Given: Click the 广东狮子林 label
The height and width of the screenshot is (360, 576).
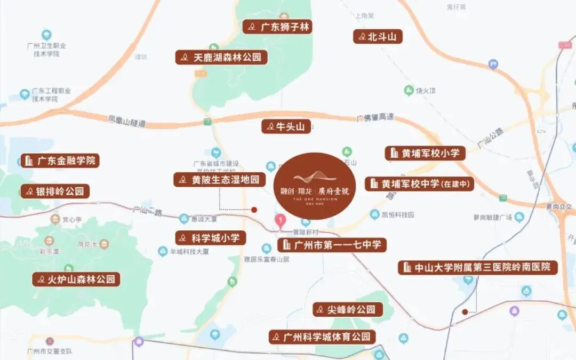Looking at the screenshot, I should tap(277, 27).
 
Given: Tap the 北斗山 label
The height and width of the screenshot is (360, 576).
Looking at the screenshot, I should tap(378, 36).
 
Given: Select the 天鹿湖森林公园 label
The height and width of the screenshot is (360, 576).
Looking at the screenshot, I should tap(221, 57).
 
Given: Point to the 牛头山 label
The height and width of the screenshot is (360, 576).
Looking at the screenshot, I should tap(286, 126).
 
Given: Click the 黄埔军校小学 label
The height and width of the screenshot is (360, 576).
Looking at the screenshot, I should tap(425, 153).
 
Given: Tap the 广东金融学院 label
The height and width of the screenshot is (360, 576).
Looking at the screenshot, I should tap(61, 160).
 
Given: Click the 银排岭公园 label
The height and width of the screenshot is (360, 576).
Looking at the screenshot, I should tap(55, 191).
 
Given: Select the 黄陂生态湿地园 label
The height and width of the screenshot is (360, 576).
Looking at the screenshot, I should tap(220, 179).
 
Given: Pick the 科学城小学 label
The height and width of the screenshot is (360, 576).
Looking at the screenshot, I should tap(211, 237).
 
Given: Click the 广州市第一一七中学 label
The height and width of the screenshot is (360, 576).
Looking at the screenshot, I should tap(332, 245).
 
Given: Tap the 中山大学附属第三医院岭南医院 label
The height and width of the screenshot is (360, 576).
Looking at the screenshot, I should tap(478, 267).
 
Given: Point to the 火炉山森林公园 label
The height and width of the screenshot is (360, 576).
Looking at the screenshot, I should tap(76, 279).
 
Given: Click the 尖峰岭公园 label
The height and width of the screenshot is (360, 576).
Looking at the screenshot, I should tap(348, 309).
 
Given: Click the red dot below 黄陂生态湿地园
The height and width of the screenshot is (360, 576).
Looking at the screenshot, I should tap(254, 210).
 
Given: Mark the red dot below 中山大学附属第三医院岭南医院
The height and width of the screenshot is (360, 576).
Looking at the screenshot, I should tap(465, 311).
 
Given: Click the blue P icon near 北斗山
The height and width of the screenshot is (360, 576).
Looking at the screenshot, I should tap(493, 65).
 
